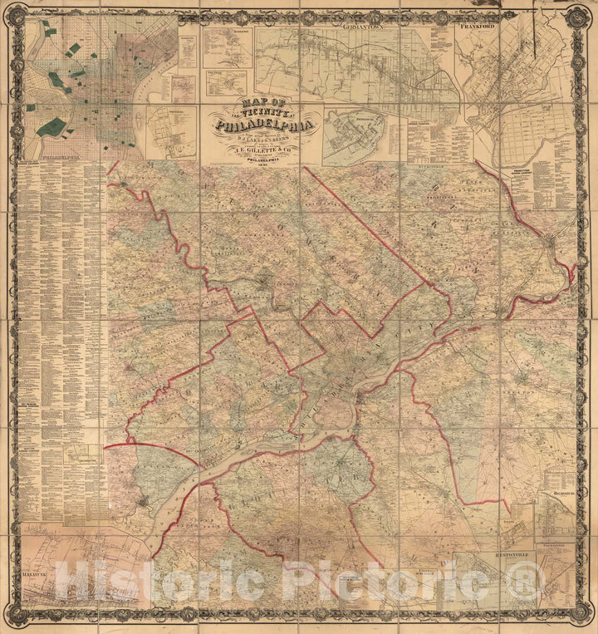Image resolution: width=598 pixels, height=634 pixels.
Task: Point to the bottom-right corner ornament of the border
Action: pos(578,614)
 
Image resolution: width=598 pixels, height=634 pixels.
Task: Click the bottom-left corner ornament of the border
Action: pos(20,614)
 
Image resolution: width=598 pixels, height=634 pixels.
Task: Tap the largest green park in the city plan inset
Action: pos(51,127)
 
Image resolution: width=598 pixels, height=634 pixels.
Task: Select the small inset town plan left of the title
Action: pos(172,131)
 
